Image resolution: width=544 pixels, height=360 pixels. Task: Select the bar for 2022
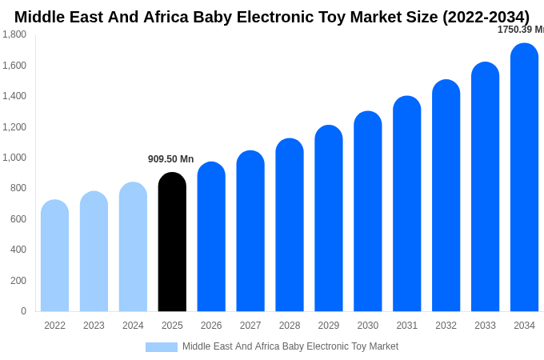pos(54,256)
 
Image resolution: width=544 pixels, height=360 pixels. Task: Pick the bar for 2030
pos(368,211)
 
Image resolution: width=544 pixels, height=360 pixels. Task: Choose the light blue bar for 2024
pos(133,247)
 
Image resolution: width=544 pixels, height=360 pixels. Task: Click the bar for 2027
pos(250,231)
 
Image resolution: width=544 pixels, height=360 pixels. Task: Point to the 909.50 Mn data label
pos(170,159)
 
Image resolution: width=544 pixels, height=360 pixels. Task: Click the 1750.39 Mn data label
pos(520,30)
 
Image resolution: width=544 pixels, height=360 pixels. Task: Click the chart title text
pos(272,17)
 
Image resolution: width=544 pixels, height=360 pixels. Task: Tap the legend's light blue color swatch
pos(161,347)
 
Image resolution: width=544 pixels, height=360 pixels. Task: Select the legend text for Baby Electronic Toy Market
pos(290,346)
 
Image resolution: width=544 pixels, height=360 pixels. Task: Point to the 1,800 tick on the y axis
pos(14,34)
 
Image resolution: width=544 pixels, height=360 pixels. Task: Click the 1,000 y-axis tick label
pos(14,158)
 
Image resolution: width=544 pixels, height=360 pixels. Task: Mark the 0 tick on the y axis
pos(23,311)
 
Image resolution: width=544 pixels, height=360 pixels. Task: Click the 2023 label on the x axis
pos(94,326)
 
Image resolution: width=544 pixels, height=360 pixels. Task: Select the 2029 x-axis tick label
pos(329,326)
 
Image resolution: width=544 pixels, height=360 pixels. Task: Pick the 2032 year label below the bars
pos(446,326)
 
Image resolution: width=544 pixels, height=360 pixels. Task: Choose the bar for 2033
pos(485,187)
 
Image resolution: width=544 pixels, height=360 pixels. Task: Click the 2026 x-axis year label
pos(211,326)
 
